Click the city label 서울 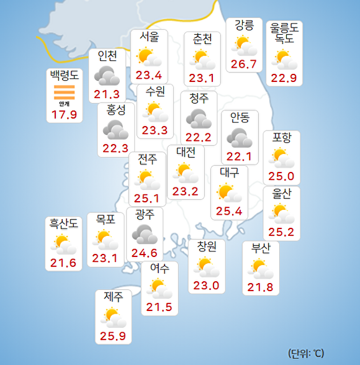149,37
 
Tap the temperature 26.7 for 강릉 243,65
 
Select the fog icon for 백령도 64,93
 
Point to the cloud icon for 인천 107,76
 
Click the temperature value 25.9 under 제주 114,337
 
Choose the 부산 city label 261,248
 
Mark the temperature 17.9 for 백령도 64,115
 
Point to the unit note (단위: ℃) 306,354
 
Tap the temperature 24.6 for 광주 144,253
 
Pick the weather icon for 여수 160,288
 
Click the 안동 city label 240,117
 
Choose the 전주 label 147,159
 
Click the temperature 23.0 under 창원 206,286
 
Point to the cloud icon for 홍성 115,130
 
